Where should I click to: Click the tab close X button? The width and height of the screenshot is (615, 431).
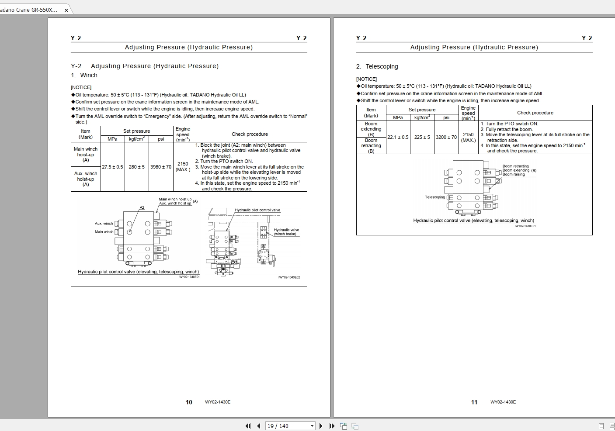coord(66,10)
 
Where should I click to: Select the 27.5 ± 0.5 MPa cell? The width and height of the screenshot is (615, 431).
coord(112,167)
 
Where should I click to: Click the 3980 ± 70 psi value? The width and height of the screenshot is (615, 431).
coord(161,167)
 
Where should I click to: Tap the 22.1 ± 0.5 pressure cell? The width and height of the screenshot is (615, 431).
coord(398,137)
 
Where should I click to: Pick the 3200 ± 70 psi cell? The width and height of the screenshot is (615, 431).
coord(446,137)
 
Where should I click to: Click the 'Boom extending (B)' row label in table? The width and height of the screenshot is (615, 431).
coord(371,129)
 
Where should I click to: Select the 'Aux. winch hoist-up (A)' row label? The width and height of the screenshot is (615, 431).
coord(86,179)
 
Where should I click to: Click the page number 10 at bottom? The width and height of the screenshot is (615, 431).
coord(189,402)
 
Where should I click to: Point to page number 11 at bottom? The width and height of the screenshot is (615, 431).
coord(474,402)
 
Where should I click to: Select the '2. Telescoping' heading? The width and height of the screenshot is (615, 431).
coord(377,66)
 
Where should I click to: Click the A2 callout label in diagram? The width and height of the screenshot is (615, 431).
coord(142,207)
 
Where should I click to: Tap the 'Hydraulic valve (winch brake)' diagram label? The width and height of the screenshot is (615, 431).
coord(286,232)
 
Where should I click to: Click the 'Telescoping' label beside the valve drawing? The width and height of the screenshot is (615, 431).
coord(434,197)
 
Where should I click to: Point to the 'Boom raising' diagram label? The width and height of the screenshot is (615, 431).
coord(514,174)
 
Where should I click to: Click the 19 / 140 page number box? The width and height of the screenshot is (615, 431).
coord(288,426)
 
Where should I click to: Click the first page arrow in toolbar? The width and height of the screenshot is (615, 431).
coord(248,426)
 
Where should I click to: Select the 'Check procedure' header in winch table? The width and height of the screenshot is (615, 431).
coord(250,134)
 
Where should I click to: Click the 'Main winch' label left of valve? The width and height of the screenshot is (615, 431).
coord(104,232)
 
